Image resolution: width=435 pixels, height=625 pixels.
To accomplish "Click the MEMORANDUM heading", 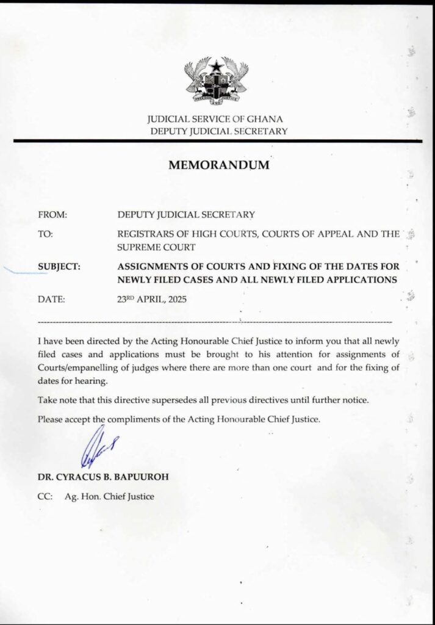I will (218, 165).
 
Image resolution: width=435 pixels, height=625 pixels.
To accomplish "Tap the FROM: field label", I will (52, 214).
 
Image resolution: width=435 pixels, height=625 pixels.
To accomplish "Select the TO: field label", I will (46, 234).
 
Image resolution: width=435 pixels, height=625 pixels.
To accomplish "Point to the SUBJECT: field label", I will (60, 267).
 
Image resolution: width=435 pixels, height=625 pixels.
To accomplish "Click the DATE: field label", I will (51, 299).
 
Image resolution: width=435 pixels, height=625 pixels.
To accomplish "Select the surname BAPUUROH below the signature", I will (140, 477).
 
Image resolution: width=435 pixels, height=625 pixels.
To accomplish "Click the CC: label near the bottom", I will (46, 496).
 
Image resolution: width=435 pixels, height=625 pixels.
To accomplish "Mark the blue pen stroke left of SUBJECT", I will (24, 269).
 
